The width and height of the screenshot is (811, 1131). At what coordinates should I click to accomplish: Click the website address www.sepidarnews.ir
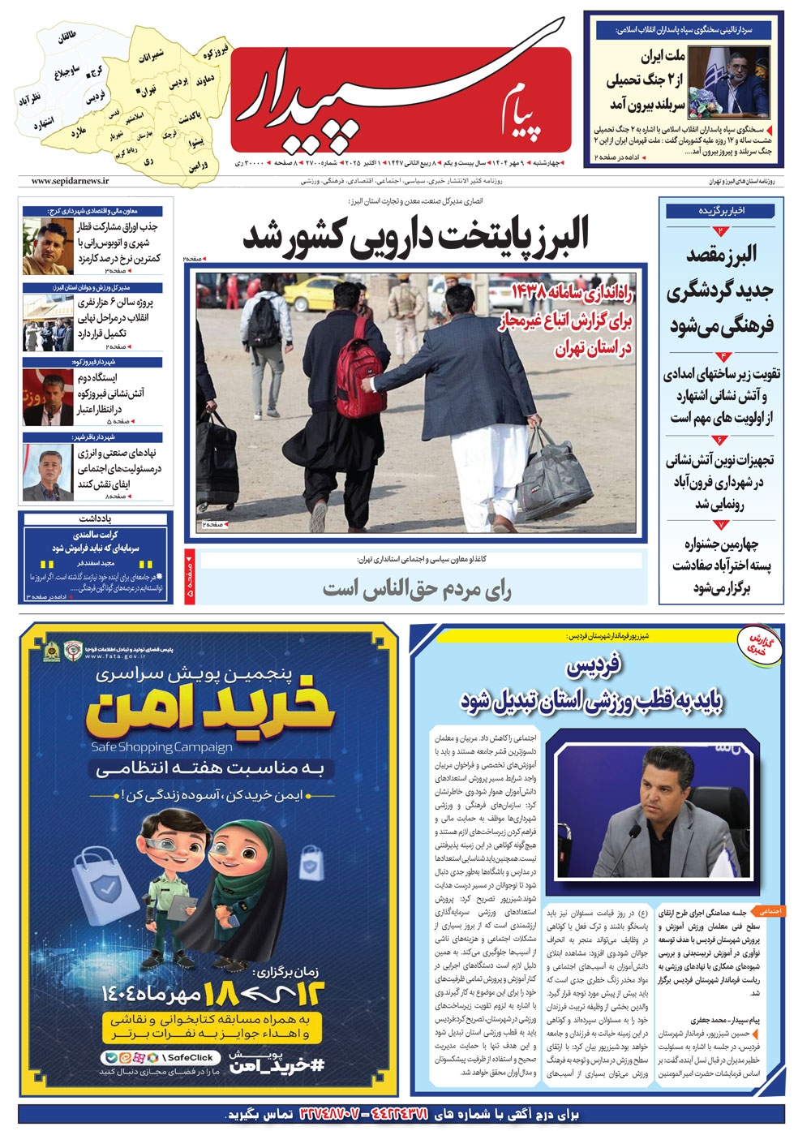pos(71,182)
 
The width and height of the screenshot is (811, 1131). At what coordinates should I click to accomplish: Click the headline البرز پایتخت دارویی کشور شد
pos(415,236)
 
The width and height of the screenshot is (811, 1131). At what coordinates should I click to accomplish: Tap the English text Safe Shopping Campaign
pos(162,746)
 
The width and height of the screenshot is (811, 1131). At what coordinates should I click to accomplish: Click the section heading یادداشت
pos(96,518)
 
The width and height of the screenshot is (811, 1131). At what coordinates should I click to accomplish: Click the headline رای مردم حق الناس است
pos(417,590)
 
